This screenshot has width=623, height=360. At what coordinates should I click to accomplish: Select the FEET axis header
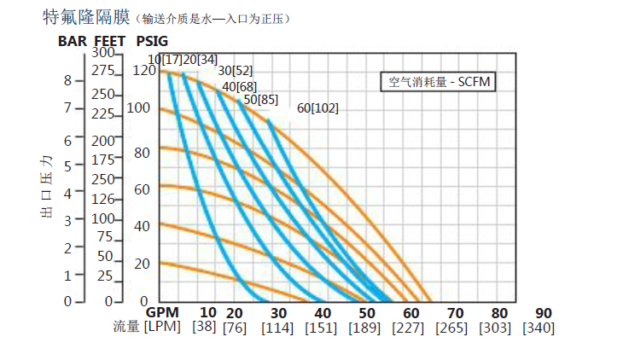(109, 41)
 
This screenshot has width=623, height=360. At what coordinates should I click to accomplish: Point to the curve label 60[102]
(318, 108)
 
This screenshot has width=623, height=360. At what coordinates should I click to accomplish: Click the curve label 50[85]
(260, 99)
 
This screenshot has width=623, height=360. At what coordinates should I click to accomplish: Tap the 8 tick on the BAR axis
(67, 80)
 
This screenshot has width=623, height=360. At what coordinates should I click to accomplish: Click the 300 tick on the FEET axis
(102, 54)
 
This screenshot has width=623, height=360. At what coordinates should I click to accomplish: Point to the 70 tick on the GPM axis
(455, 313)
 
